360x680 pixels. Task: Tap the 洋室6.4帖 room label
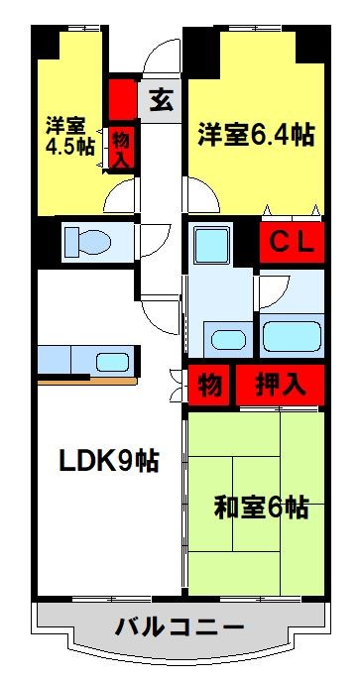[255, 135]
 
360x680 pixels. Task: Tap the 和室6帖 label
[261, 509]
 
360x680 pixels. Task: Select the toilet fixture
[89, 241]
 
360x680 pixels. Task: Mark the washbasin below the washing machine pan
[225, 337]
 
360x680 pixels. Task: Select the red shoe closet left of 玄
[122, 97]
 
